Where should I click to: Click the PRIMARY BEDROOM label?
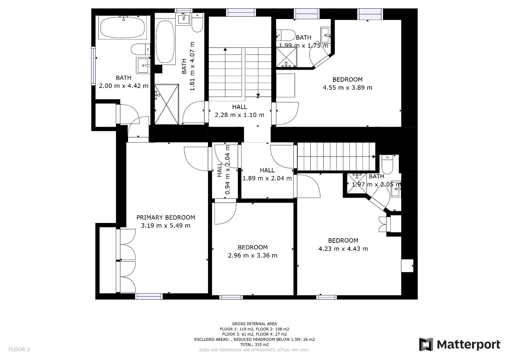pyautogui.click(x=166, y=217)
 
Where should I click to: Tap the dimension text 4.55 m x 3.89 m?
pyautogui.click(x=347, y=87)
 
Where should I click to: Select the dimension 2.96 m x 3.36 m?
pyautogui.click(x=253, y=255)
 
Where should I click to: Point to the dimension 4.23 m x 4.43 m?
pyautogui.click(x=343, y=249)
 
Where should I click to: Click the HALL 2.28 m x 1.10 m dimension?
pyautogui.click(x=240, y=115)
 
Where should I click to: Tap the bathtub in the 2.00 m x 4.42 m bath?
pyautogui.click(x=123, y=27)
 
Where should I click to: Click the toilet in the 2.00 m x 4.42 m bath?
pyautogui.click(x=140, y=49)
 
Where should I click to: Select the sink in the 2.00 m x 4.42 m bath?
pyautogui.click(x=143, y=65)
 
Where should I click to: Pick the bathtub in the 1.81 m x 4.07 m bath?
pyautogui.click(x=165, y=42)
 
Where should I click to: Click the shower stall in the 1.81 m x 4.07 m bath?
pyautogui.click(x=167, y=104)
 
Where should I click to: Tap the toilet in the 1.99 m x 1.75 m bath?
pyautogui.click(x=286, y=35)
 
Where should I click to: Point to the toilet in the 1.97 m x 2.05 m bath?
pyautogui.click(x=387, y=164)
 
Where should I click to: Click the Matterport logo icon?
pyautogui.click(x=426, y=344)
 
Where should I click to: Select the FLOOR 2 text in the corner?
pyautogui.click(x=19, y=349)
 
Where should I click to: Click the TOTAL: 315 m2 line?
pyautogui.click(x=255, y=345)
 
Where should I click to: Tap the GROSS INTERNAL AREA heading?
pyautogui.click(x=255, y=324)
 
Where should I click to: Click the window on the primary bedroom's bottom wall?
pyautogui.click(x=149, y=296)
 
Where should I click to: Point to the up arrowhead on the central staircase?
pyautogui.click(x=225, y=49)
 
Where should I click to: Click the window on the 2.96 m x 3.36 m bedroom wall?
pyautogui.click(x=231, y=297)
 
